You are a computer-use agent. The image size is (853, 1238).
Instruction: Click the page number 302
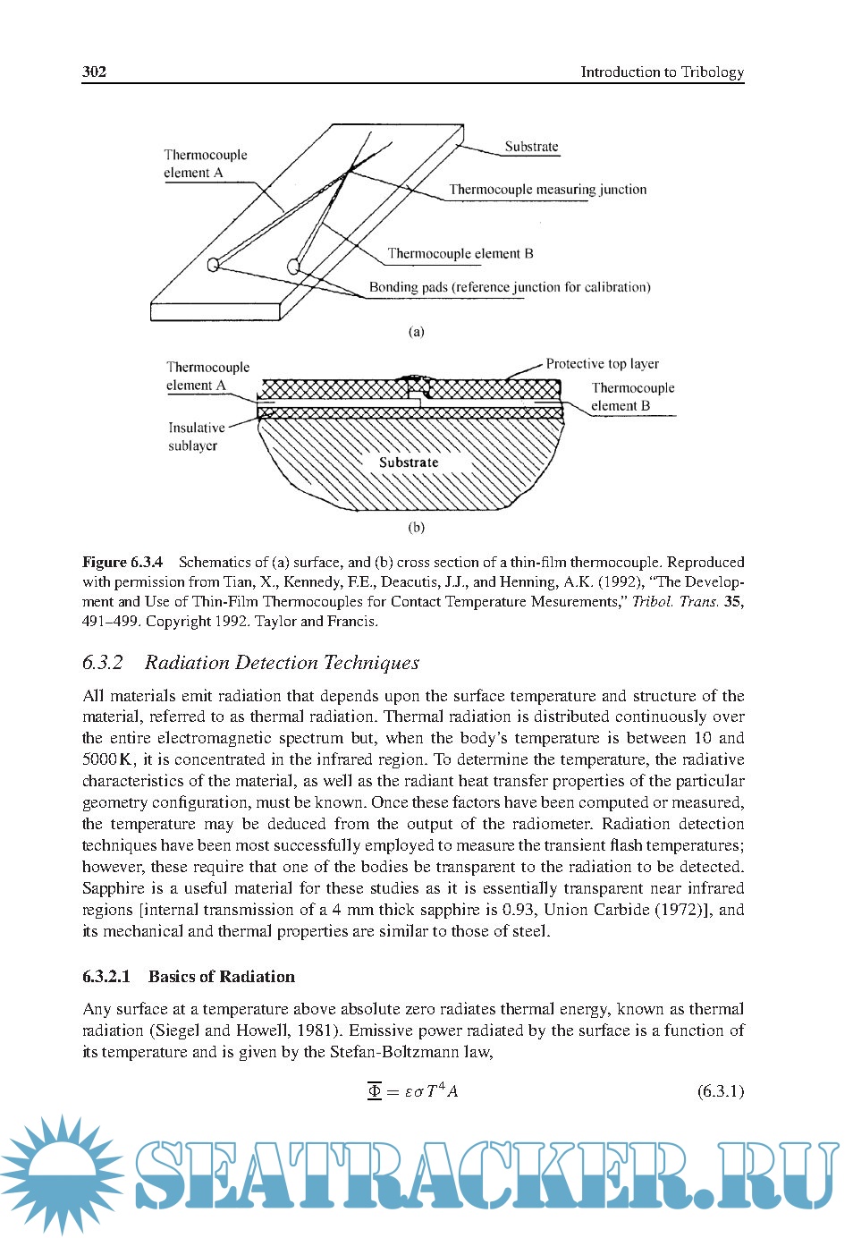[x=94, y=72]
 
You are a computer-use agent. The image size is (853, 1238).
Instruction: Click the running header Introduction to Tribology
[x=662, y=72]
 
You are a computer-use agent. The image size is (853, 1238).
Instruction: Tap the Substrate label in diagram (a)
[x=531, y=147]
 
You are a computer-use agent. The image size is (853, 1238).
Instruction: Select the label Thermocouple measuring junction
[x=547, y=190]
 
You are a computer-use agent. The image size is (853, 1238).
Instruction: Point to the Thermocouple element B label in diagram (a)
[x=460, y=254]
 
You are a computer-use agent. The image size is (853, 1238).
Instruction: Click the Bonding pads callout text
[x=510, y=287]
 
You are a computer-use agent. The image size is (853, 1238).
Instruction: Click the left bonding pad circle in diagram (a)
[x=213, y=265]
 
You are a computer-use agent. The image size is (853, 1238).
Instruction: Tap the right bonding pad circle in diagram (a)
[x=292, y=265]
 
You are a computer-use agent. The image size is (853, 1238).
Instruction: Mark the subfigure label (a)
[x=416, y=332]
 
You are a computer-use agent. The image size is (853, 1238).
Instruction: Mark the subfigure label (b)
[x=416, y=528]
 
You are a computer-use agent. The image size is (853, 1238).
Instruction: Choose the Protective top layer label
[x=602, y=364]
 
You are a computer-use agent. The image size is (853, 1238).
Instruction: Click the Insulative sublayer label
[x=196, y=437]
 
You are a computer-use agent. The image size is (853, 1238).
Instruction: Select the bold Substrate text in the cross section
[x=409, y=462]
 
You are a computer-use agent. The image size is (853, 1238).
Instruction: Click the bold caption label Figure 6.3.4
[x=122, y=562]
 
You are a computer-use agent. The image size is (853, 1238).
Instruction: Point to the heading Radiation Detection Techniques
[x=282, y=663]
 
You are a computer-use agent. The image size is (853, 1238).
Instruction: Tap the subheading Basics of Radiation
[x=221, y=977]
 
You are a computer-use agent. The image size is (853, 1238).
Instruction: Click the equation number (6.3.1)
[x=720, y=1091]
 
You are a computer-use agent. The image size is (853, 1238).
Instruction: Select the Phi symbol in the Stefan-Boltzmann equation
[x=375, y=1090]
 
